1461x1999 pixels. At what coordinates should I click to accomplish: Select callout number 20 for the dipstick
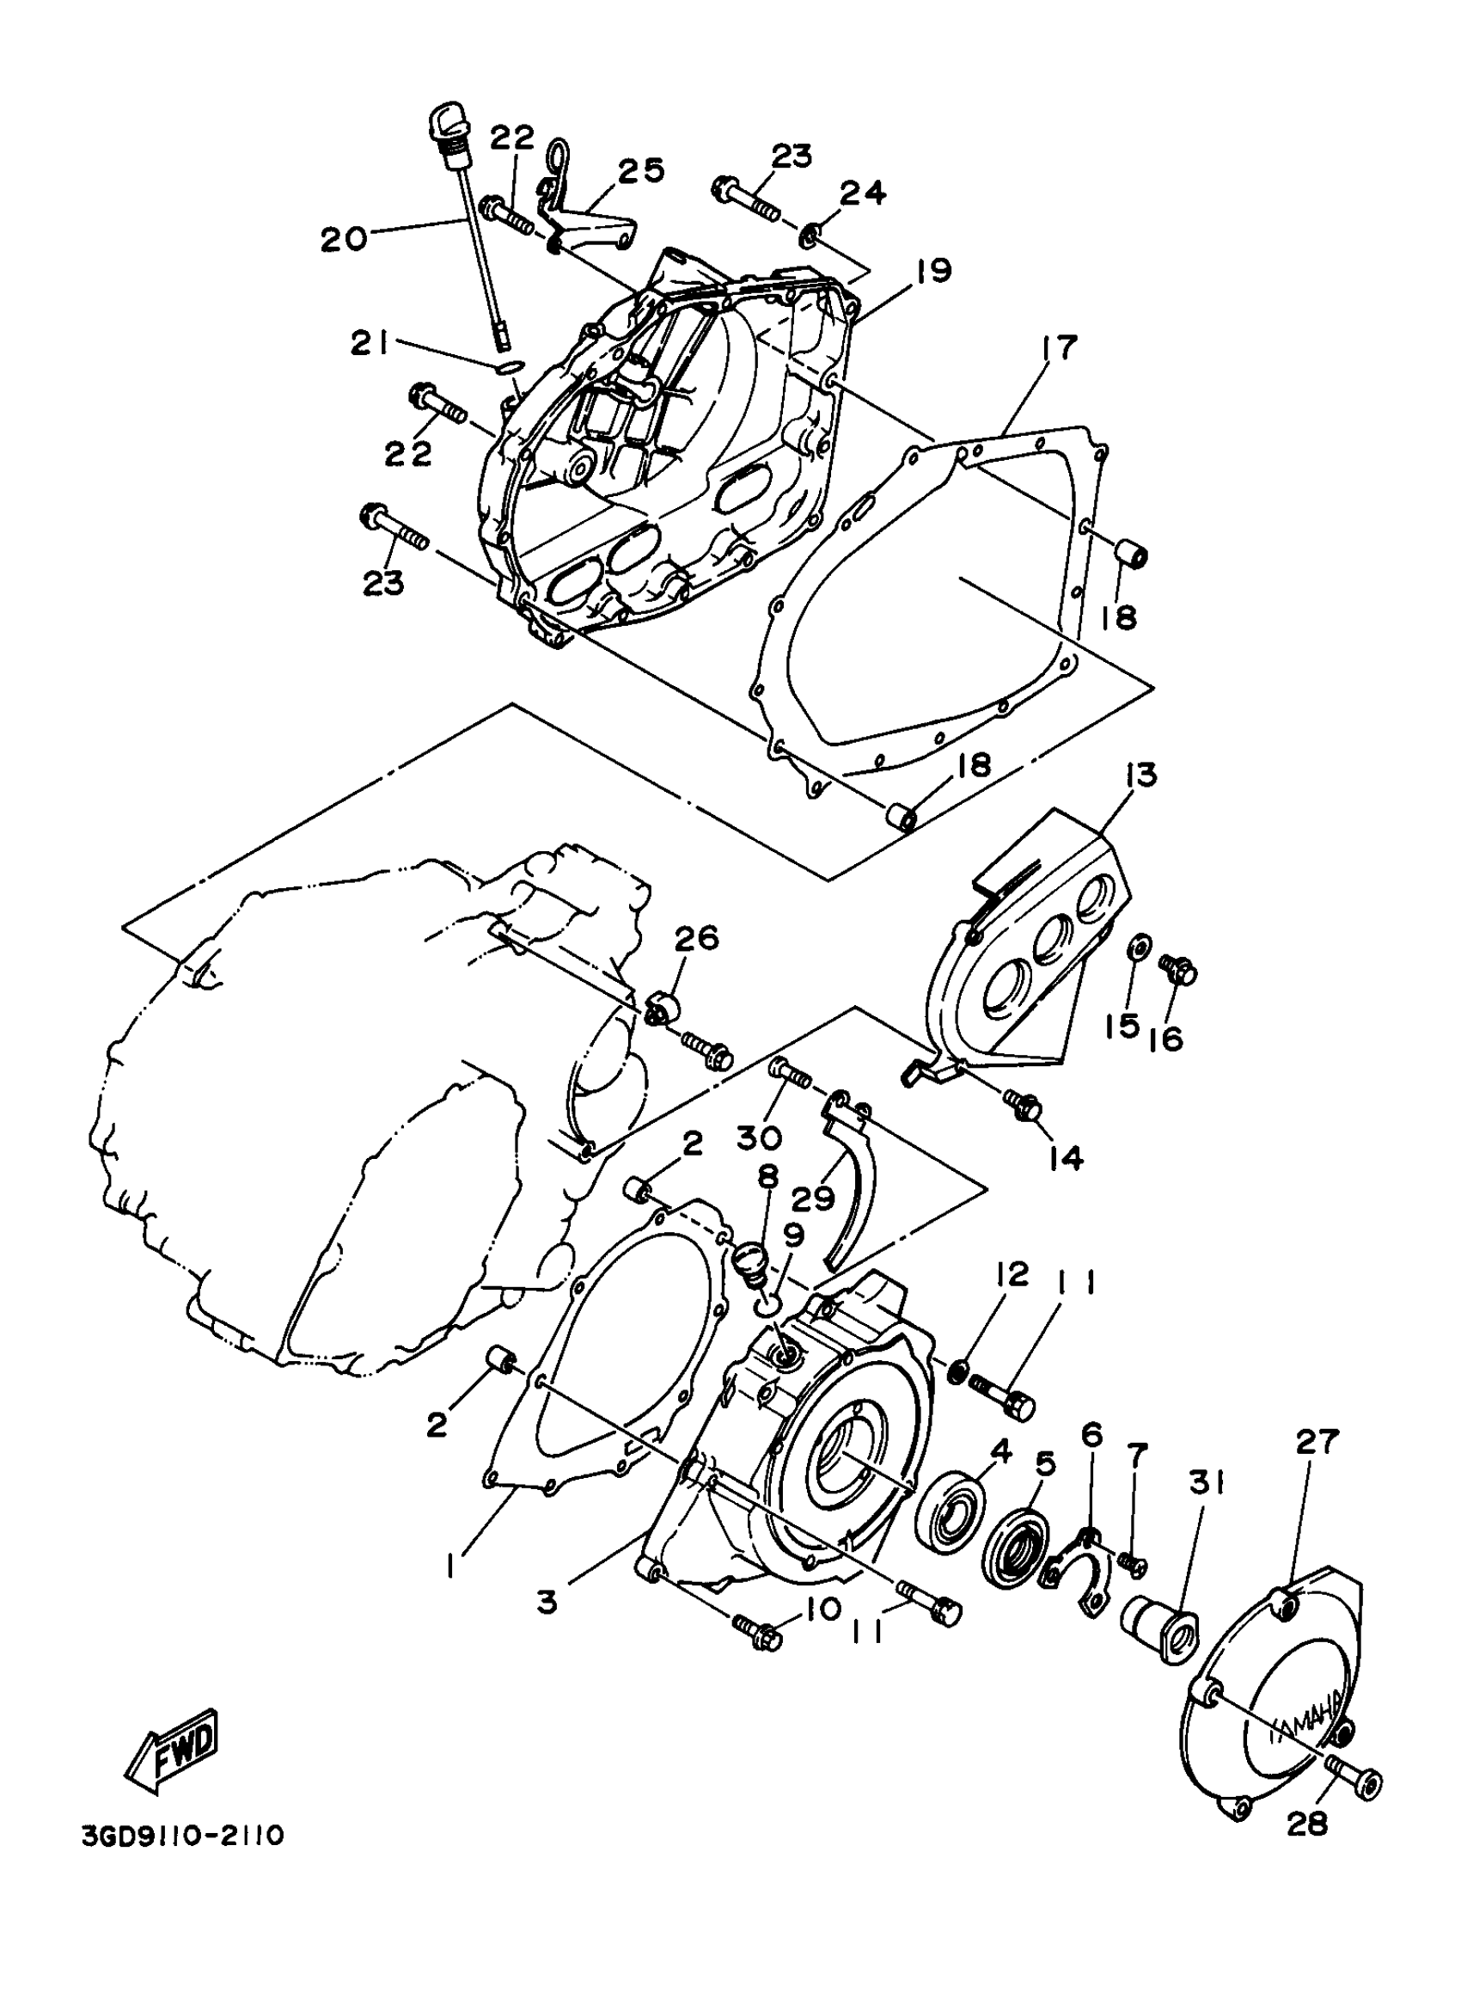coord(343,237)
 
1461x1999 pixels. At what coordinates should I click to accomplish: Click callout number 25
coord(642,170)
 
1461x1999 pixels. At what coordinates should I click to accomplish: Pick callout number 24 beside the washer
coord(862,193)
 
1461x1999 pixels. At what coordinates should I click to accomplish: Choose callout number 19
coord(932,270)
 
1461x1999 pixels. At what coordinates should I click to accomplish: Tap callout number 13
coord(1140,776)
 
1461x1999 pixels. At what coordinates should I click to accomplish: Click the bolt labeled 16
coord(1179,971)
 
